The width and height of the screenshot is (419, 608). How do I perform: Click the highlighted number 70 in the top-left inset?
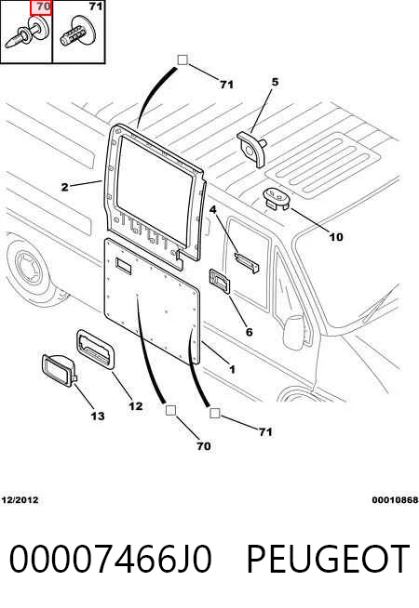(x=44, y=7)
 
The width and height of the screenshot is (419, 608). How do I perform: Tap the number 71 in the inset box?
(x=96, y=7)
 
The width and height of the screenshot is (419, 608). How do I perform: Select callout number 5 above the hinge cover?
(x=275, y=82)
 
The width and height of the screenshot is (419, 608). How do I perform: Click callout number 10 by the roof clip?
(x=336, y=237)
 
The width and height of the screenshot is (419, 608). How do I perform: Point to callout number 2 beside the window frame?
(x=65, y=187)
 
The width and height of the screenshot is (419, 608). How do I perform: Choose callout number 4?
(x=213, y=210)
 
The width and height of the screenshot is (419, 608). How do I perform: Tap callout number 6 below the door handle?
(x=249, y=332)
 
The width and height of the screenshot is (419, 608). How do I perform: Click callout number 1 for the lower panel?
(x=232, y=369)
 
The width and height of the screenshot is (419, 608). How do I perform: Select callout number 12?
(x=136, y=406)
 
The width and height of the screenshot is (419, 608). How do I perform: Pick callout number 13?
(x=98, y=416)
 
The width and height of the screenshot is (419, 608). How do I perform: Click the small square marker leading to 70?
(x=171, y=410)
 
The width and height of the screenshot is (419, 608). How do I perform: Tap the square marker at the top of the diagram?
(x=182, y=59)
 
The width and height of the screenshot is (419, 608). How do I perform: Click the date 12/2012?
(x=20, y=500)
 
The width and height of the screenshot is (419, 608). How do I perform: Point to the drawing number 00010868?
(x=395, y=500)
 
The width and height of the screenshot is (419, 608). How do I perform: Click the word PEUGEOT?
(x=328, y=559)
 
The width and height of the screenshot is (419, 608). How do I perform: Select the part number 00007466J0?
(x=111, y=559)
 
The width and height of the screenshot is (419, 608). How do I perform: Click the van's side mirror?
(x=294, y=332)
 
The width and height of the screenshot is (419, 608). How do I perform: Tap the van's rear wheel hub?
(x=29, y=267)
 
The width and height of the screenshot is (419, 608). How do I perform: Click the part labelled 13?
(x=60, y=370)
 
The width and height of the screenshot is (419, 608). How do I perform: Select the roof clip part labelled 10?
(x=277, y=199)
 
